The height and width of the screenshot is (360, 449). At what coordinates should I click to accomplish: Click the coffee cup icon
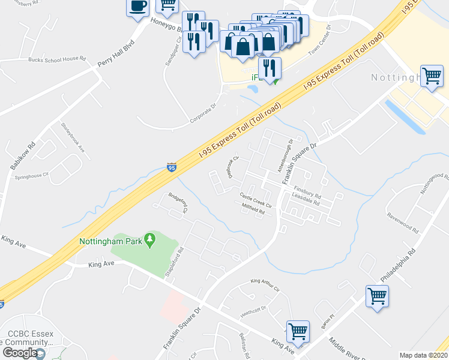137,7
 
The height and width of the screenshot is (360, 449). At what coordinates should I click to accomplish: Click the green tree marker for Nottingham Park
150,241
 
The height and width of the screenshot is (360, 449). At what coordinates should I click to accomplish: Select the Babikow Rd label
25,157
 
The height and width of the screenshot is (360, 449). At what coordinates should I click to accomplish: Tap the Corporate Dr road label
202,114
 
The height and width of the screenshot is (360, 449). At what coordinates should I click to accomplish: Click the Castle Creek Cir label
256,199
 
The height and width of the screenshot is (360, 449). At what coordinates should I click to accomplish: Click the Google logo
19,353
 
